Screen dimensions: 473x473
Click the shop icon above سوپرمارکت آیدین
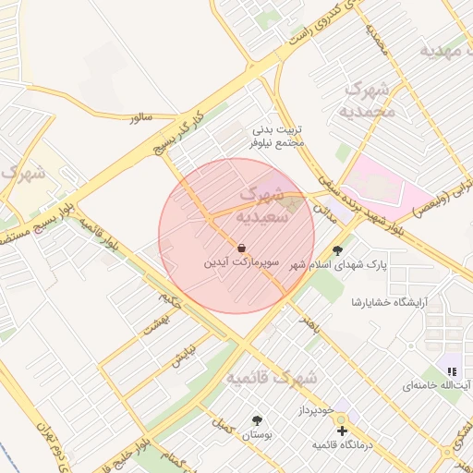click(241, 249)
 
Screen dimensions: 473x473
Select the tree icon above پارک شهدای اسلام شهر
click(337, 249)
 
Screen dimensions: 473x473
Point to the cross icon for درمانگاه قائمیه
click(343, 431)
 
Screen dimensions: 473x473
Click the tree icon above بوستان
click(257, 420)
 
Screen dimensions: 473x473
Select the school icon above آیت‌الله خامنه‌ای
click(452, 371)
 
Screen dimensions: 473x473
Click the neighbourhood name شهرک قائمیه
click(273, 378)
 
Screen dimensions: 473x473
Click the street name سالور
click(140, 118)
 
